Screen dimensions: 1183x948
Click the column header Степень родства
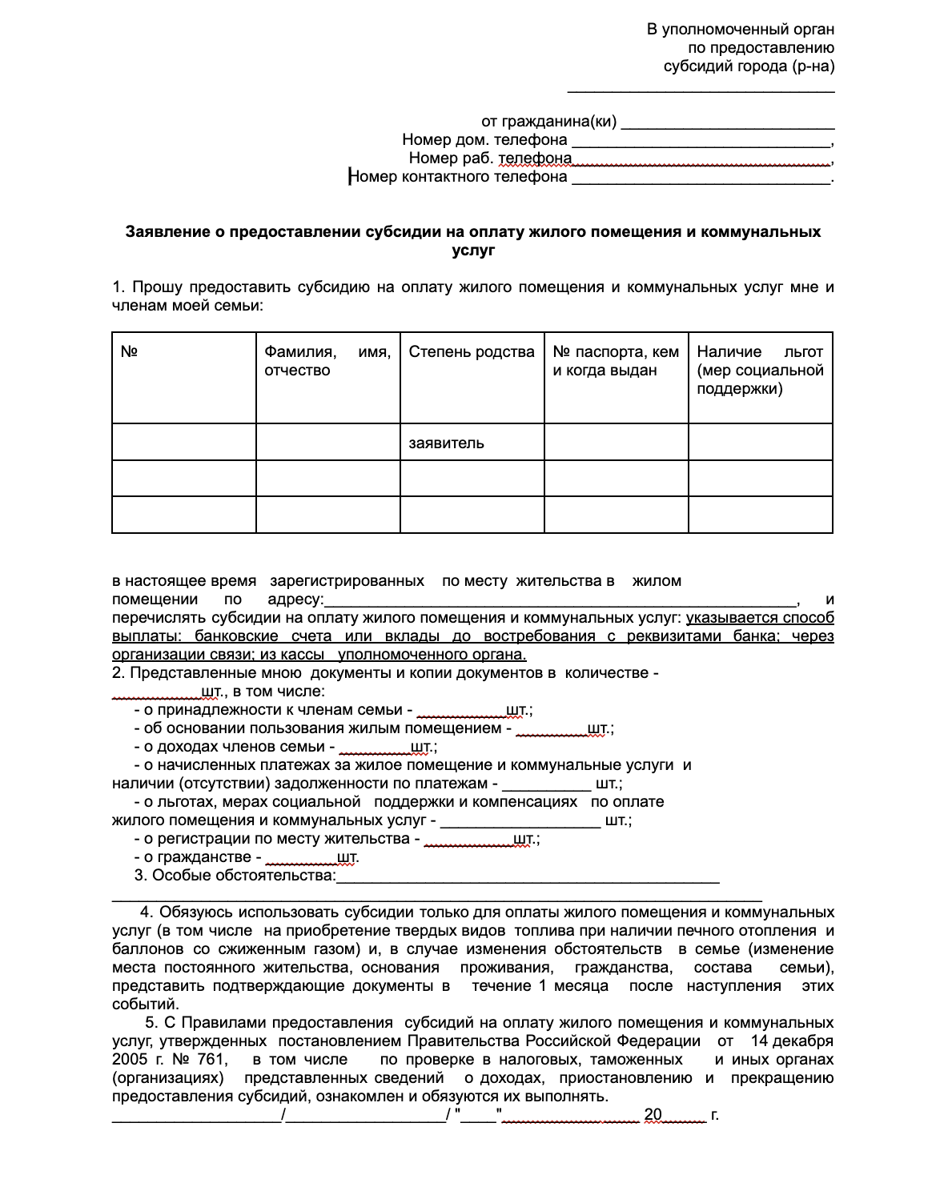471,352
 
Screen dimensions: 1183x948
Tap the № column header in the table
129,352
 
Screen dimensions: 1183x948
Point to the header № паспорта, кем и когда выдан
615,361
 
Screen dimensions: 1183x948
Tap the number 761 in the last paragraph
211,1060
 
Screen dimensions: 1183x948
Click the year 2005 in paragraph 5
130,1060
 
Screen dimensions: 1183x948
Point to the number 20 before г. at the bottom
653,1114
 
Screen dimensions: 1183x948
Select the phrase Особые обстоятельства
243,876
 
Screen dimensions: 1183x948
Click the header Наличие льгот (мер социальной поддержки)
759,371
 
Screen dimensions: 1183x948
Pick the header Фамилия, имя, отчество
327,361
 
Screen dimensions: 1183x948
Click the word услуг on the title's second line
473,251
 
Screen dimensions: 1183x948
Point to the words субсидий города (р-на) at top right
749,66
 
